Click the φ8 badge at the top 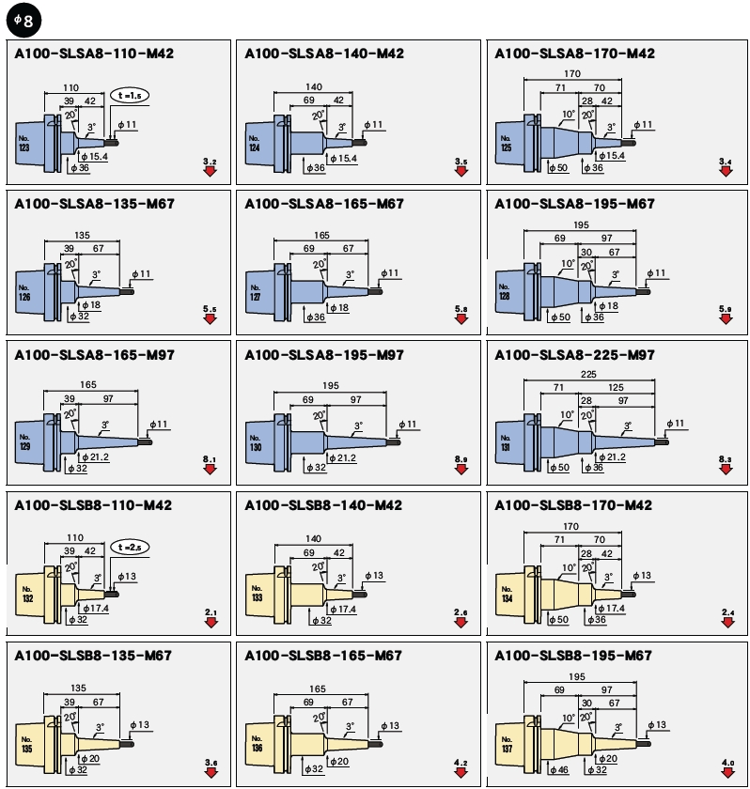[20, 19]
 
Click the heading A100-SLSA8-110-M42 [94, 54]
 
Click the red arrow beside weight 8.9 [461, 470]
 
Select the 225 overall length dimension [588, 373]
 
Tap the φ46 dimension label [560, 770]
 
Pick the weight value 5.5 [210, 309]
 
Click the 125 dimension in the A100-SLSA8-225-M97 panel [617, 387]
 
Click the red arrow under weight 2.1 [211, 622]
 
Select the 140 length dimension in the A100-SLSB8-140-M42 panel [314, 538]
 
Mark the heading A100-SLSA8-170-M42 [573, 54]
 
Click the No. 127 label [255, 292]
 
